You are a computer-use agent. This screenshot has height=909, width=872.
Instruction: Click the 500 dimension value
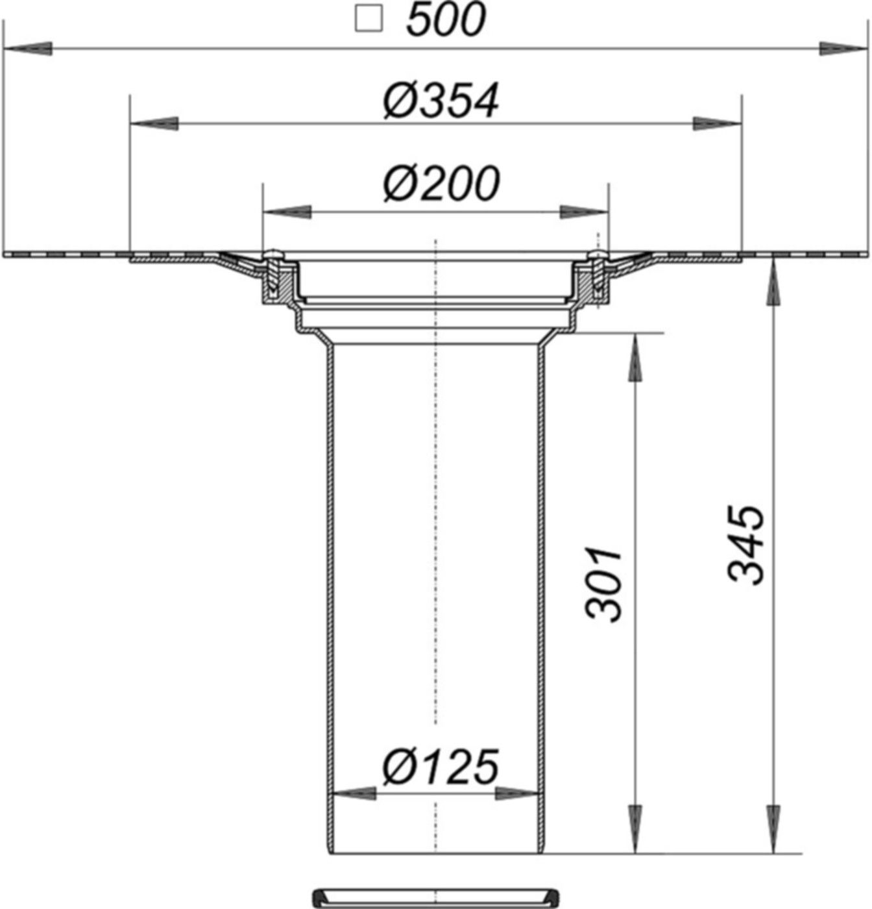click(x=446, y=20)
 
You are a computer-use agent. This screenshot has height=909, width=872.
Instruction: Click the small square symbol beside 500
click(x=369, y=19)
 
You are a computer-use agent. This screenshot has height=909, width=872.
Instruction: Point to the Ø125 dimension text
click(x=441, y=766)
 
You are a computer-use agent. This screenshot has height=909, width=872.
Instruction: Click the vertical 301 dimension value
click(x=604, y=584)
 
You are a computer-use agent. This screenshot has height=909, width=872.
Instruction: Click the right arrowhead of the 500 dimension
click(x=843, y=49)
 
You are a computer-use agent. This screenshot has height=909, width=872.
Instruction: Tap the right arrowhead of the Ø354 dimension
click(x=716, y=123)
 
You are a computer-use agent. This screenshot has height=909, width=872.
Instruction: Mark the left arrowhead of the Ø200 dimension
click(x=285, y=212)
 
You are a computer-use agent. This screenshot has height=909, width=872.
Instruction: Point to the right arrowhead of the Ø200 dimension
click(x=584, y=212)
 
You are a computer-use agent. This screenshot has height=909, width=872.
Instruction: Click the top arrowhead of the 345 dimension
click(x=773, y=282)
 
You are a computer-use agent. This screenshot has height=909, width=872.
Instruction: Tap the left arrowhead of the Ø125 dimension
click(x=354, y=793)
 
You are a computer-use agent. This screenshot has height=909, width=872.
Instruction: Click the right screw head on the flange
click(x=598, y=253)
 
